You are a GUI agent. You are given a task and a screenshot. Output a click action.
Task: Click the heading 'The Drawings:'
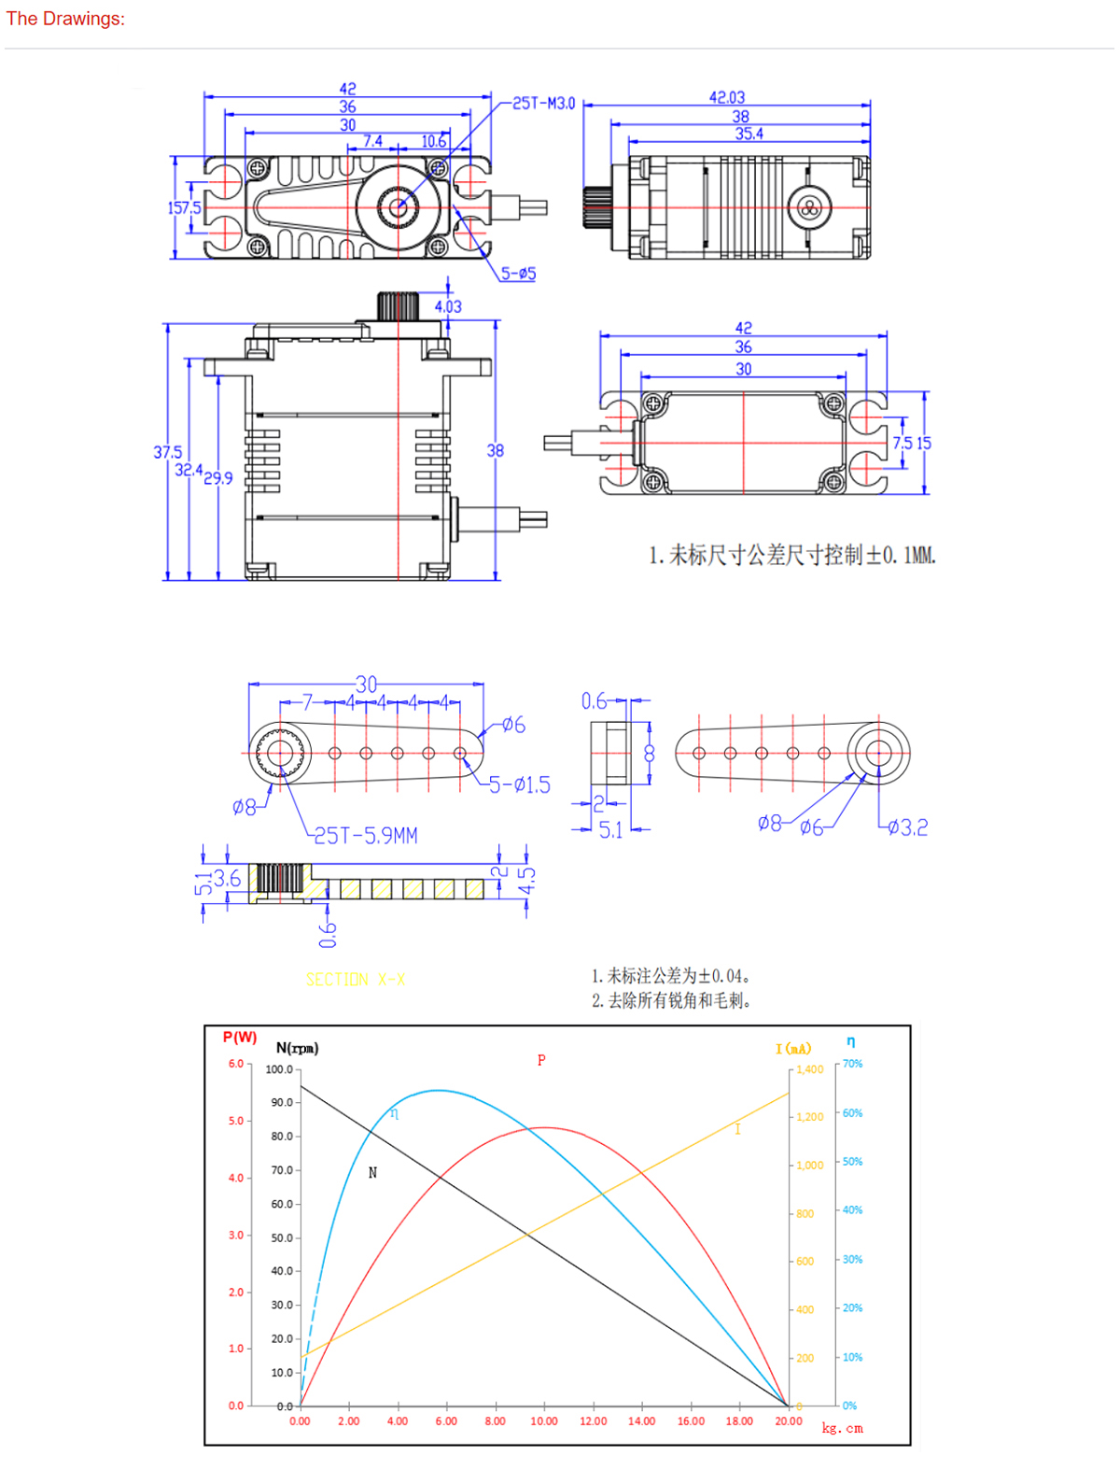65,19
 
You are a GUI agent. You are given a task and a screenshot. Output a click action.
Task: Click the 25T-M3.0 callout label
544,104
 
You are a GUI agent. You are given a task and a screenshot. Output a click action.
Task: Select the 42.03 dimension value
727,97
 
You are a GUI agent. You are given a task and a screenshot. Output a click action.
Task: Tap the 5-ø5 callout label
518,274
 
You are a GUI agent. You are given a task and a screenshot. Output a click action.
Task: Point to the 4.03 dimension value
448,306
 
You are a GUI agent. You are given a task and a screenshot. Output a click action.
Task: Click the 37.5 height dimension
168,452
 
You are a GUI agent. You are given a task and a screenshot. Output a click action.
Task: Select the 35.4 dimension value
749,134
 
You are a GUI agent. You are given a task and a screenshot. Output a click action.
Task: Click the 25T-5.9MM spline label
366,835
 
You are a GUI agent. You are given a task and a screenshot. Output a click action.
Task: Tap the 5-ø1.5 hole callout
520,784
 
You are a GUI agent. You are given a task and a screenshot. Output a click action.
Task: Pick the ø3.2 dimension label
907,827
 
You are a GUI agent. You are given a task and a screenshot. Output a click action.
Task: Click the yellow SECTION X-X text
356,980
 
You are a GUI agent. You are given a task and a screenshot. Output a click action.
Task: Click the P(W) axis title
240,1038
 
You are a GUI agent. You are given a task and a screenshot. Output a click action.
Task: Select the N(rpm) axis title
297,1048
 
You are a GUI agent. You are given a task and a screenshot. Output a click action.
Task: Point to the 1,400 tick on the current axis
809,1069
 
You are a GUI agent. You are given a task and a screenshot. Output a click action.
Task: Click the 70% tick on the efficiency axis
852,1064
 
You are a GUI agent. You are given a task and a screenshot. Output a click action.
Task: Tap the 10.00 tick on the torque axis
544,1421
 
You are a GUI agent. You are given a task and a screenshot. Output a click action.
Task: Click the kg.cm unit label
842,1428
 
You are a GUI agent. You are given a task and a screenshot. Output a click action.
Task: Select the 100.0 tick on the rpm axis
279,1069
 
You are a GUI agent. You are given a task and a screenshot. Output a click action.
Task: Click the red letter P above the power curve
541,1060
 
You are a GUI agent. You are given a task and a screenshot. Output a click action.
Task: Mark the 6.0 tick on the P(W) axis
235,1064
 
